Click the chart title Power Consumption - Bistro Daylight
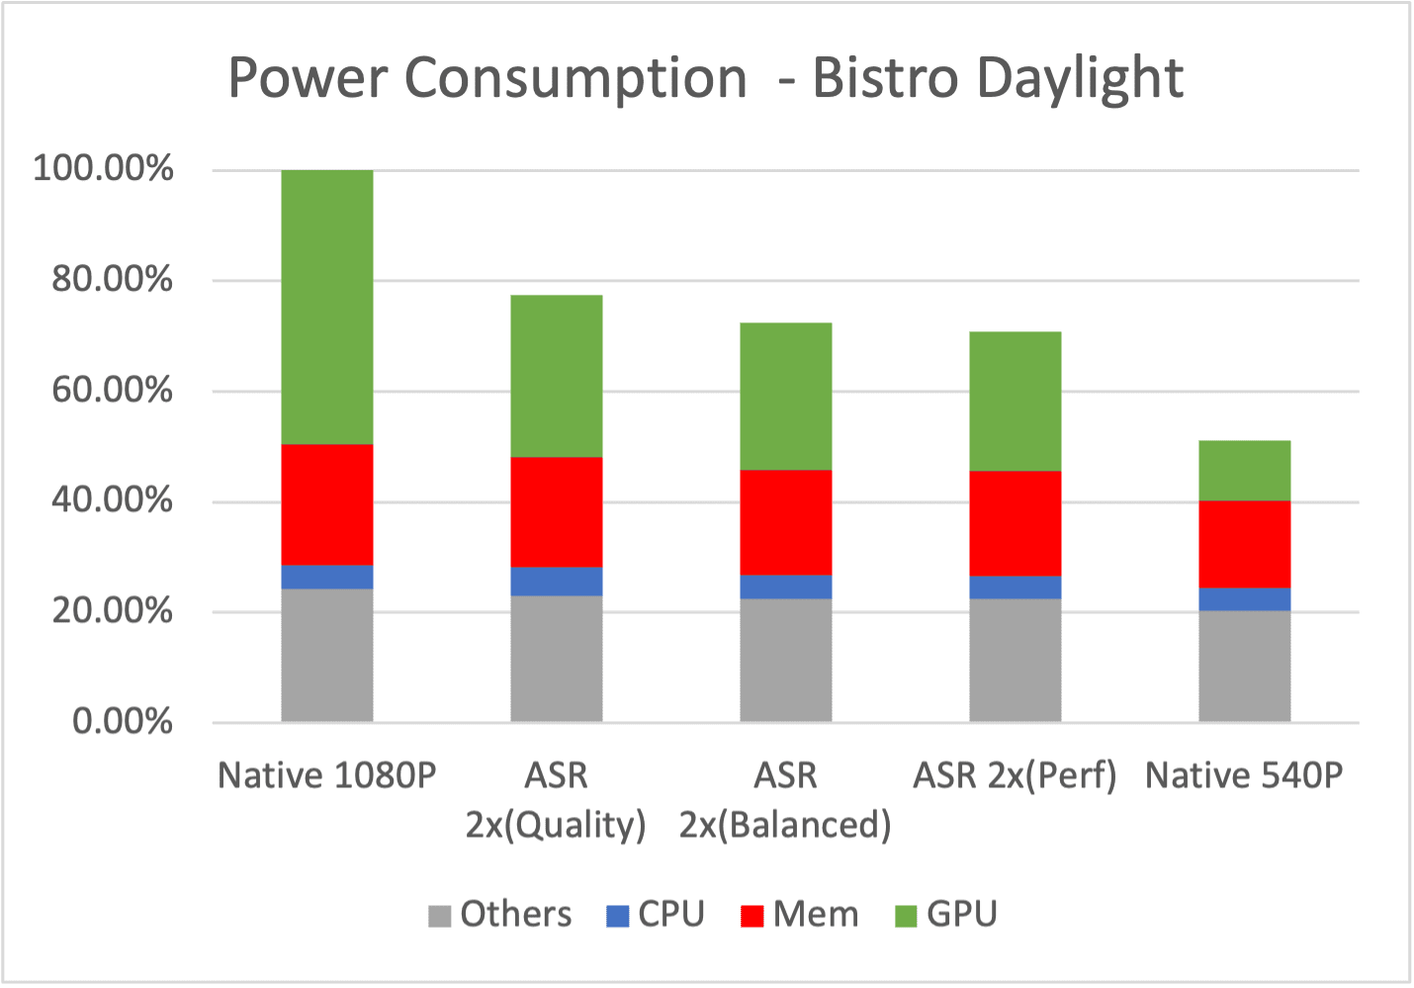click(x=705, y=78)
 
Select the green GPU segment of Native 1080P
click(x=327, y=307)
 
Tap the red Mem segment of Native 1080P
click(x=327, y=504)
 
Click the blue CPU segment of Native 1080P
click(x=327, y=577)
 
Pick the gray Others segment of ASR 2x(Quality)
click(x=557, y=658)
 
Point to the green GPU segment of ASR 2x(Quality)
click(x=557, y=376)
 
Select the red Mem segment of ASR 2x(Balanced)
click(x=786, y=522)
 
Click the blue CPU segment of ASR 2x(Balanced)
click(x=786, y=586)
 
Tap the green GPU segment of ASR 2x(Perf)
click(x=1016, y=401)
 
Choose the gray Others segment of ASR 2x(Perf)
click(x=1016, y=660)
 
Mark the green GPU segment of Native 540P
click(x=1245, y=470)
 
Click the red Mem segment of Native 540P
click(x=1245, y=544)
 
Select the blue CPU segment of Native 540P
click(x=1245, y=599)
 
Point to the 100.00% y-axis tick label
click(x=103, y=168)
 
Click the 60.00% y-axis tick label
click(x=112, y=390)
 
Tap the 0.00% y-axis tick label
click(x=122, y=721)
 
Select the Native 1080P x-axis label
click(x=327, y=775)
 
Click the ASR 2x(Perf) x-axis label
click(x=1016, y=775)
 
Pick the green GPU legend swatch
click(x=906, y=916)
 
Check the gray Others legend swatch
click(x=439, y=916)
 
